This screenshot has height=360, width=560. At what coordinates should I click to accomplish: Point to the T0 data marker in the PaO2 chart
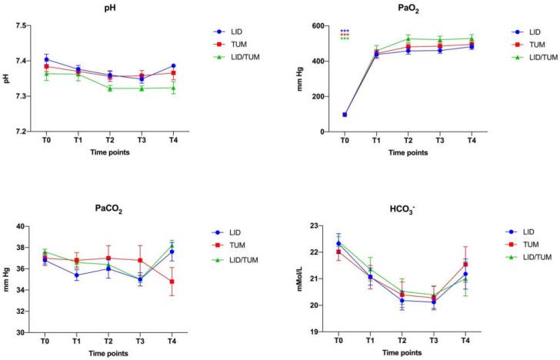click(344, 115)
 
